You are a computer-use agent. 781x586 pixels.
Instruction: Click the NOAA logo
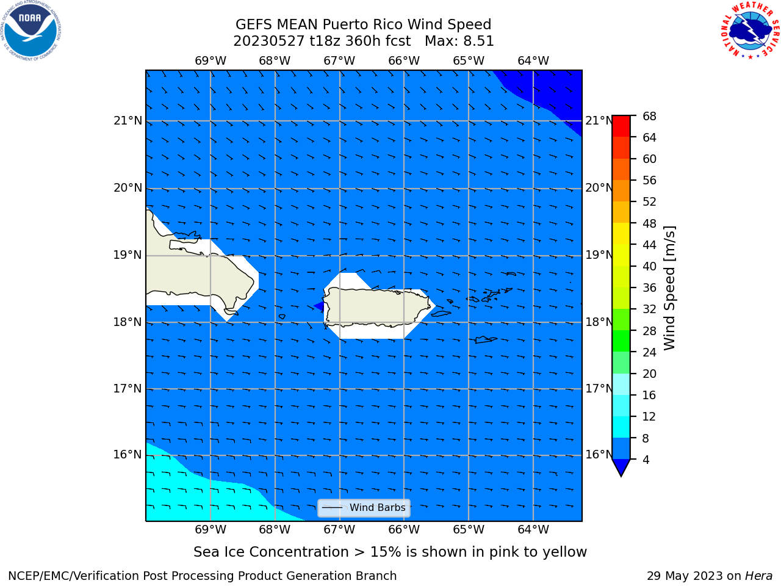31,31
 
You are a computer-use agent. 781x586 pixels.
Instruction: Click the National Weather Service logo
750,30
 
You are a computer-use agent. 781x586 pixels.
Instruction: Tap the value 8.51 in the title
478,42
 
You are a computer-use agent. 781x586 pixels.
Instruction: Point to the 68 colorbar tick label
649,117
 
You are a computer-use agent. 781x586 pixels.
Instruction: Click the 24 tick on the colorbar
649,352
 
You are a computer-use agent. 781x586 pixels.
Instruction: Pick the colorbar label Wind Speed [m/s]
669,288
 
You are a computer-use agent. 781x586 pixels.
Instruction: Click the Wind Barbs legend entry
364,508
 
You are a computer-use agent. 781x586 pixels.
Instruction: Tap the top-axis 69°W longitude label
211,61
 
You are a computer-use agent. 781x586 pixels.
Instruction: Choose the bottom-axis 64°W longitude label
533,530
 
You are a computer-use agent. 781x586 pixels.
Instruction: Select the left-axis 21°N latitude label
128,121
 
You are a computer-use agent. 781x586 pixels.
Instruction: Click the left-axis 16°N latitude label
128,455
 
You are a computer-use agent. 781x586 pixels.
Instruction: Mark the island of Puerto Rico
378,306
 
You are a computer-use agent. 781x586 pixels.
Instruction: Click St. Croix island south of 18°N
486,340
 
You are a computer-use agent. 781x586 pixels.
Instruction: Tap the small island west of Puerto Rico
282,317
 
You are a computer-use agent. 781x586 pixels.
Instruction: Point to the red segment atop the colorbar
621,126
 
